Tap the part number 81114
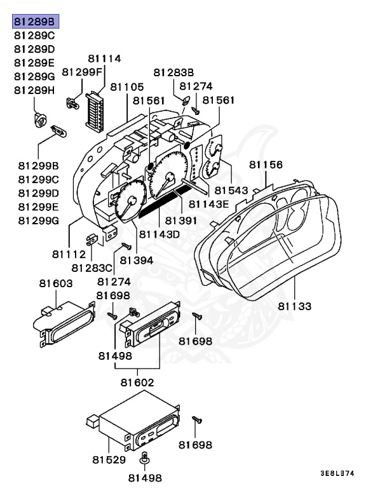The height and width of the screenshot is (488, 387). tap(104, 58)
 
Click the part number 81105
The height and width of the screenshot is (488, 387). tap(126, 86)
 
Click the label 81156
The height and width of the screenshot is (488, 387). tap(266, 165)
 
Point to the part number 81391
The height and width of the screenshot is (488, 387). tap(182, 220)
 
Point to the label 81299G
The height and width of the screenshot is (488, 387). tap(38, 220)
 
